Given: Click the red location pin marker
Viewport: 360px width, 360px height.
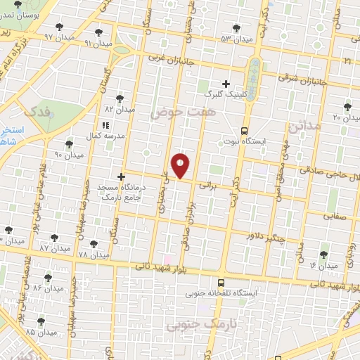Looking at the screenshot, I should [181, 165].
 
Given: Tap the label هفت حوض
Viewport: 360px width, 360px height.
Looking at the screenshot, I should [176, 112].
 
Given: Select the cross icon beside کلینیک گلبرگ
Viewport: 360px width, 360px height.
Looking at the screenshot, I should [226, 83].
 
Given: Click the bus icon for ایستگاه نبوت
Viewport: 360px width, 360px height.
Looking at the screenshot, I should [244, 131].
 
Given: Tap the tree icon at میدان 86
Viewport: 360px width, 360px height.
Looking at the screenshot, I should [48, 278].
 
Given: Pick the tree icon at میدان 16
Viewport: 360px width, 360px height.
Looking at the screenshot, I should [324, 255].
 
